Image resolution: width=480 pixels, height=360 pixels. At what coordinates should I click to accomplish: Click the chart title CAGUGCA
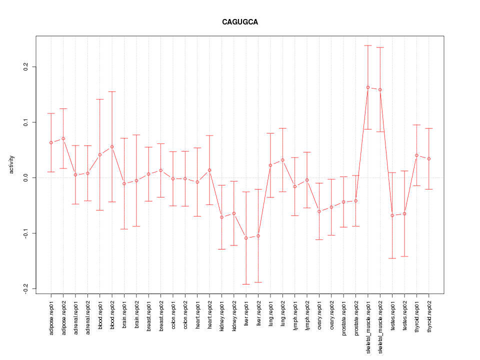[240, 22]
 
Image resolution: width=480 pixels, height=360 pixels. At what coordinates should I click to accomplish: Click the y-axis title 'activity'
[11, 164]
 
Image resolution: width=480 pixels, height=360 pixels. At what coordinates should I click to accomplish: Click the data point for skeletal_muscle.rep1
[368, 87]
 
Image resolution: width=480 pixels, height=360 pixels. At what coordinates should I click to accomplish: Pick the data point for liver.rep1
[246, 238]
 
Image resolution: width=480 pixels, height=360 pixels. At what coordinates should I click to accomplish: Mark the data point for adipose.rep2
[63, 138]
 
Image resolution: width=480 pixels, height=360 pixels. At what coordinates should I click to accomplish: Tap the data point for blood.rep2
[112, 146]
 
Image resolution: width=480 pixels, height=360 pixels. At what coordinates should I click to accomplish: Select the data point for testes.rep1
[392, 215]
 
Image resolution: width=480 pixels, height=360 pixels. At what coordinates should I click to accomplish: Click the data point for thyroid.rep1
[416, 155]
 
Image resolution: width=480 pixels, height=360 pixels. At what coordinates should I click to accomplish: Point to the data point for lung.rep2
[282, 160]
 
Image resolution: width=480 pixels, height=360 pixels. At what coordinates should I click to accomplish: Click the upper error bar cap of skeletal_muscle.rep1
[368, 45]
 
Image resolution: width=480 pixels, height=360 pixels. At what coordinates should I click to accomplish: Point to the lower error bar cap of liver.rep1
[246, 284]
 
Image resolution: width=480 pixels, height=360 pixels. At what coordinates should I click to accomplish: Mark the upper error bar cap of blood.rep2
[112, 91]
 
